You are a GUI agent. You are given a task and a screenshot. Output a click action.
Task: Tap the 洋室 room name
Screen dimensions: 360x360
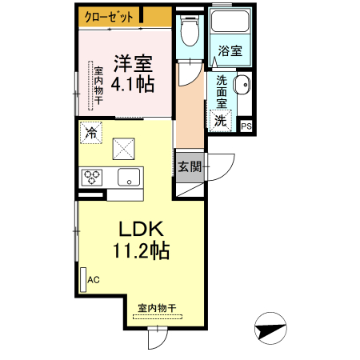pos(132,62)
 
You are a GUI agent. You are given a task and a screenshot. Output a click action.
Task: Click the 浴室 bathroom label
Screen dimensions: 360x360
pos(230,51)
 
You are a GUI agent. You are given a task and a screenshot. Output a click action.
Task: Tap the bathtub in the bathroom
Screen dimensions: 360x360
pos(230,29)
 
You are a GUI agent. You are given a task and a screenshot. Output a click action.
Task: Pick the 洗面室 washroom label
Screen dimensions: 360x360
pos(222,92)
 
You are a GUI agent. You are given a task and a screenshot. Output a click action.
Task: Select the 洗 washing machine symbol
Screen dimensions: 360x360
pos(220,121)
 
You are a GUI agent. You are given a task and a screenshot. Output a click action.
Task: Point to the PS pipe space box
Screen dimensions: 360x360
pos(246,126)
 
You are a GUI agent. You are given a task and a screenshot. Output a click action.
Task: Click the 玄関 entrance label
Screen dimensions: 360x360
pos(190,167)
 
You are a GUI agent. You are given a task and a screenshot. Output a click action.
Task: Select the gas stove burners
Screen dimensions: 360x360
pos(91,177)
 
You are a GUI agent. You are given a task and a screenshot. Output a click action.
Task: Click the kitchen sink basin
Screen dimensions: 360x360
pos(127,177)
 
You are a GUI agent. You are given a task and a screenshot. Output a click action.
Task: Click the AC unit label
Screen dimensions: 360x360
pos(94,280)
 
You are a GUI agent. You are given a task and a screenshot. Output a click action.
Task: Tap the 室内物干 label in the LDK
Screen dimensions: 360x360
pos(157,307)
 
